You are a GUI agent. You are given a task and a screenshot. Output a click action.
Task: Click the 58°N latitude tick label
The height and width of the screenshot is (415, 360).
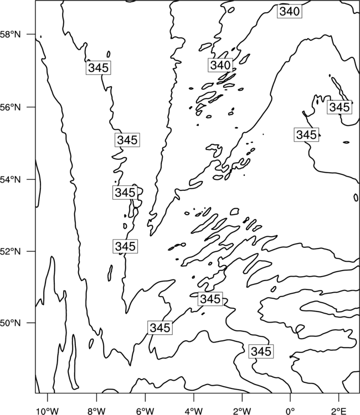[x=11, y=34]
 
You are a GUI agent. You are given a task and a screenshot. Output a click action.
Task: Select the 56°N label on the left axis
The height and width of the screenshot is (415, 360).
[x=11, y=107]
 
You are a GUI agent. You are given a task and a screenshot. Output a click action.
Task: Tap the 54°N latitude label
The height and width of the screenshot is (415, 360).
[x=11, y=180]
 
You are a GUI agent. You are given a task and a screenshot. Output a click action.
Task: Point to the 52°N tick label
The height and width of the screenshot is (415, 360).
[x=11, y=251]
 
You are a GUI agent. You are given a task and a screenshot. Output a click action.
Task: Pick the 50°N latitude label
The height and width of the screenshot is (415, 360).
[x=11, y=323]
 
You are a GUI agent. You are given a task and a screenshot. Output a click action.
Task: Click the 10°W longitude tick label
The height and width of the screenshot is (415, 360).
[x=48, y=411]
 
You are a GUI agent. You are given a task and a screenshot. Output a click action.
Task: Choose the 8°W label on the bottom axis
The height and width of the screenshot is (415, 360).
[x=96, y=411]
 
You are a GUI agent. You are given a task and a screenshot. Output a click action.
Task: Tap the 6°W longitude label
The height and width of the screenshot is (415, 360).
[x=145, y=411]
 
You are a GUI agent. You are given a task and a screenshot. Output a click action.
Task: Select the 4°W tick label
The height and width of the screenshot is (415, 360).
[x=194, y=411]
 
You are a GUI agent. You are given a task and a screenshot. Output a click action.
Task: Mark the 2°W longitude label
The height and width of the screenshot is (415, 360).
[x=242, y=411]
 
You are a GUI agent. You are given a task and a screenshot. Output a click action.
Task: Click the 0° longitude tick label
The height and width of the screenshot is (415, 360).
[x=291, y=411]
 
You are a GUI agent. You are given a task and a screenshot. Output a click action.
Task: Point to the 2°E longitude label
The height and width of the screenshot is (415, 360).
[x=339, y=411]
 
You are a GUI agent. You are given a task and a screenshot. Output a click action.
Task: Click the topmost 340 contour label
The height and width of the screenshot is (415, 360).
[x=290, y=12]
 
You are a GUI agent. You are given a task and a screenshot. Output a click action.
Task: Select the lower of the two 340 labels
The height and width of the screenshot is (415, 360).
[x=220, y=65]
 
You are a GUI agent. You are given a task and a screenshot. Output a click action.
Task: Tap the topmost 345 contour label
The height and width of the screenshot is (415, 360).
[x=98, y=68]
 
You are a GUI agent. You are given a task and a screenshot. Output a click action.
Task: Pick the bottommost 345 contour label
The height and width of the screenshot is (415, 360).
[x=261, y=351]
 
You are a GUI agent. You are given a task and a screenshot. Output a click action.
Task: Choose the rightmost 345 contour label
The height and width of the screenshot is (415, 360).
[x=340, y=107]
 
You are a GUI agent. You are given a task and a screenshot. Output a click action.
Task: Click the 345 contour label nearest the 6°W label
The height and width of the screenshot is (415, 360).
[x=160, y=328]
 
